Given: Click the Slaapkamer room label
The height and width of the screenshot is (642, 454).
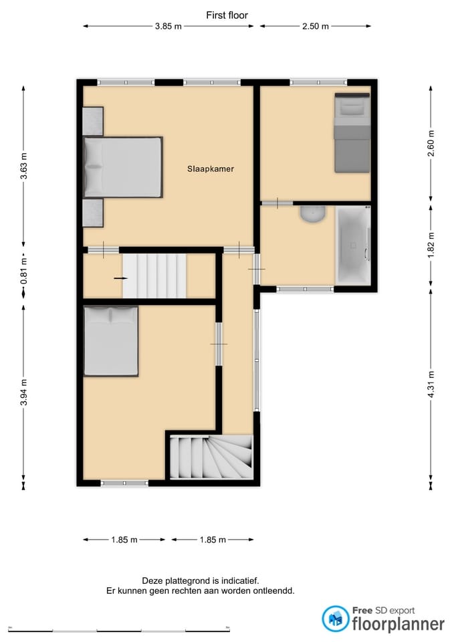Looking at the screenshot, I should click(x=211, y=169).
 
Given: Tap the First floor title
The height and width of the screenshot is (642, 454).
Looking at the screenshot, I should click(x=227, y=15).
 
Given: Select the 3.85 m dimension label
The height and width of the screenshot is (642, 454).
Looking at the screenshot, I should click(x=168, y=27).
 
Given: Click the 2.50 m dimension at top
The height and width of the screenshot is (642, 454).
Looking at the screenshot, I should click(x=315, y=27).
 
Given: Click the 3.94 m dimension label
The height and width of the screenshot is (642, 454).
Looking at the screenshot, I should click(x=24, y=393).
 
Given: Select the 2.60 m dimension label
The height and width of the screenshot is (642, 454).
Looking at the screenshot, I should click(x=431, y=144).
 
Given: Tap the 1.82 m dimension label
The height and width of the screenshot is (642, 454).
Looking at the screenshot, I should click(x=431, y=245).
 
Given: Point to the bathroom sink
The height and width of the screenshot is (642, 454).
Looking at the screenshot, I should click(x=312, y=213).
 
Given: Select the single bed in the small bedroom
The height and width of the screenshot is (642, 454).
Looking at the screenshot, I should click(x=352, y=132).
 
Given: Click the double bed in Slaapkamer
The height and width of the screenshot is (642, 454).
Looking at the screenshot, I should click(x=123, y=167).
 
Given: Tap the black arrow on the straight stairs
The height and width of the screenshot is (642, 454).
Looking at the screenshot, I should click(x=120, y=277).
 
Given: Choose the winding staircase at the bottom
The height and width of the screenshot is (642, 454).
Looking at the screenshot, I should click(x=211, y=457).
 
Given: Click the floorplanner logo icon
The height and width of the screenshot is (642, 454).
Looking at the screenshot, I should click(x=335, y=619).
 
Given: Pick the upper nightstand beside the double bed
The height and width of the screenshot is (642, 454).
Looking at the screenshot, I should click(x=93, y=121).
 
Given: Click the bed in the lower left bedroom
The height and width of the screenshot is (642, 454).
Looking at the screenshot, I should click(x=111, y=341).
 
